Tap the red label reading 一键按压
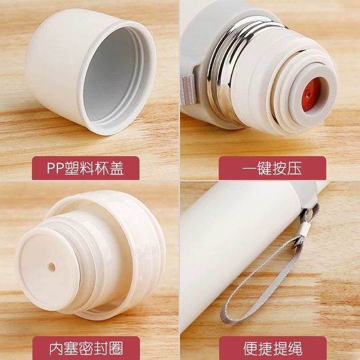pyautogui.click(x=271, y=168)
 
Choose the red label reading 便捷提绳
pyautogui.click(x=271, y=347)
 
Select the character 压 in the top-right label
pyautogui.click(x=294, y=168)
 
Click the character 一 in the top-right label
pyautogui.click(x=249, y=168)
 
